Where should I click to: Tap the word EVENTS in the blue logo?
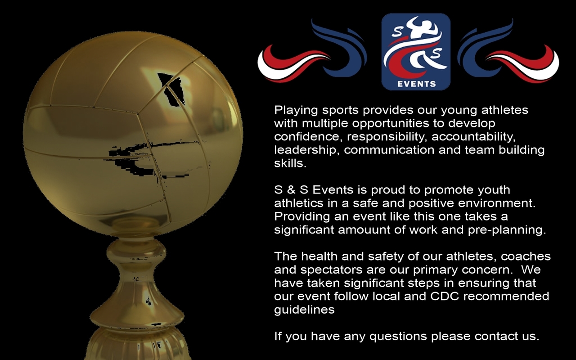point(416,83)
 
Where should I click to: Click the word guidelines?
point(305,310)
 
